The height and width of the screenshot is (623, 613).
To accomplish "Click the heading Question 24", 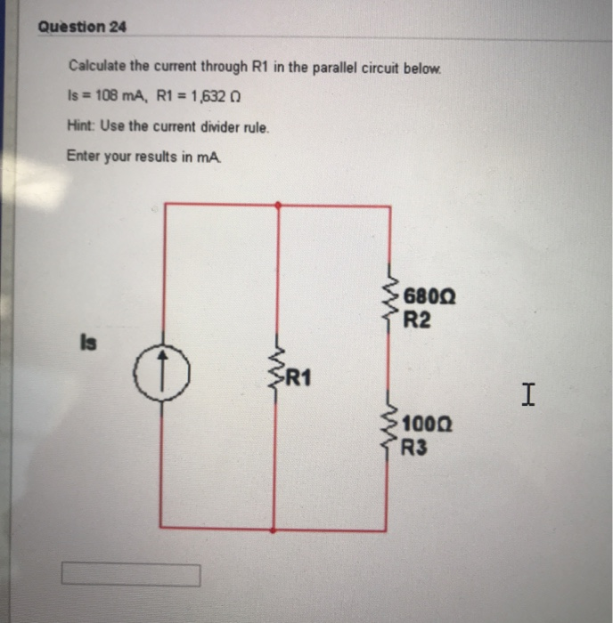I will (83, 27).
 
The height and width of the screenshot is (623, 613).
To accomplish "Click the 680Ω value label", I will (430, 297).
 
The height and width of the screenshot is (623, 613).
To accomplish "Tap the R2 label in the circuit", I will (417, 320).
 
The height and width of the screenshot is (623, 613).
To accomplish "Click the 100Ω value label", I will (429, 425).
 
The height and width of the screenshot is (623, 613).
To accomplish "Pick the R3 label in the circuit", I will (416, 448).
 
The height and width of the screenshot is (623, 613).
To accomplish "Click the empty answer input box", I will (131, 575).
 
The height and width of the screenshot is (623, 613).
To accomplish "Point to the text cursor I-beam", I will (528, 392).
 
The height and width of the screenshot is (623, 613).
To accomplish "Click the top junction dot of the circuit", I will (280, 205).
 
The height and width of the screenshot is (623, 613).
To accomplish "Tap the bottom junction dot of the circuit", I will (280, 530).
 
